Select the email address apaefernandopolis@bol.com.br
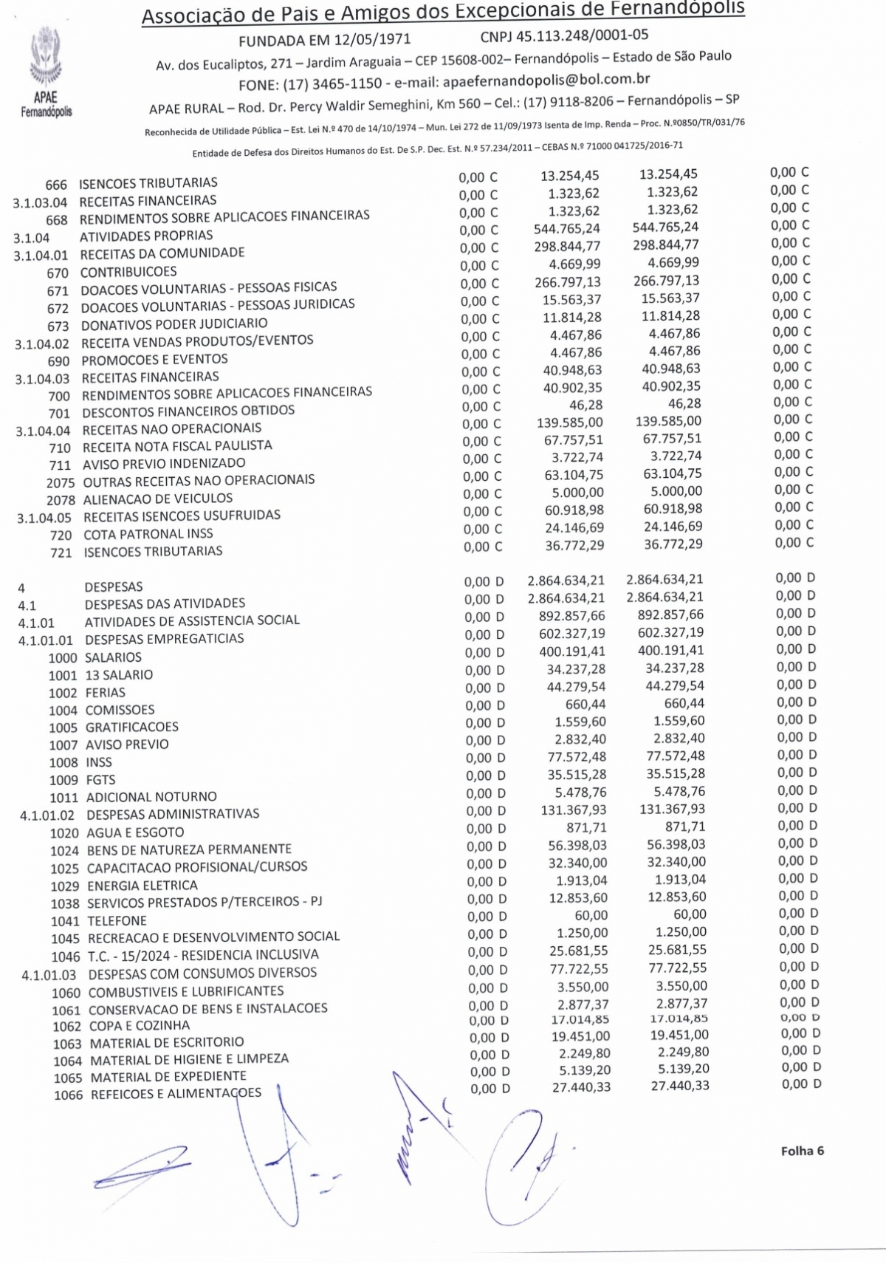click(546, 80)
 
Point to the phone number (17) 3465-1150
click(332, 83)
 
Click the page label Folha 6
click(802, 1151)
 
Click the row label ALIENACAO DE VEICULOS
click(158, 499)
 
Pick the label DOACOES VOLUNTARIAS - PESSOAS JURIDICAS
click(218, 305)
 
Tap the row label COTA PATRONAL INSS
click(148, 534)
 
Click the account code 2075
click(61, 483)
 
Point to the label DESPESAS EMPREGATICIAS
click(164, 639)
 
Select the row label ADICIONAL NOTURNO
click(151, 797)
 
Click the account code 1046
click(66, 957)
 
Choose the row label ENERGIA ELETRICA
click(142, 886)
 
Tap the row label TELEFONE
click(117, 921)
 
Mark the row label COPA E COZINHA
click(140, 1026)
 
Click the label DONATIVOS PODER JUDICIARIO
click(174, 324)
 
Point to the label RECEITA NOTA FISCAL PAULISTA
click(177, 446)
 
